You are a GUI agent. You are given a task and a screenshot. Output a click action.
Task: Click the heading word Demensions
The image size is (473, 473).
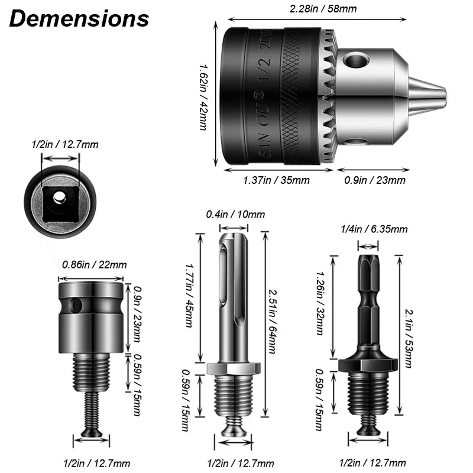click(x=79, y=18)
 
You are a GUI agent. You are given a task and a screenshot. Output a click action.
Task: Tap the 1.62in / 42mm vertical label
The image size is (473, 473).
click(x=203, y=97)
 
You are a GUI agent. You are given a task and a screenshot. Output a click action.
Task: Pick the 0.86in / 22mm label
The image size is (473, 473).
click(x=94, y=265)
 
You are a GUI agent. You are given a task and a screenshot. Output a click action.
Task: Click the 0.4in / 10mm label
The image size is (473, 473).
click(x=235, y=214)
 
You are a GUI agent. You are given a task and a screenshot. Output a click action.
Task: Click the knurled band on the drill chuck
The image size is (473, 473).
click(x=296, y=98)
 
